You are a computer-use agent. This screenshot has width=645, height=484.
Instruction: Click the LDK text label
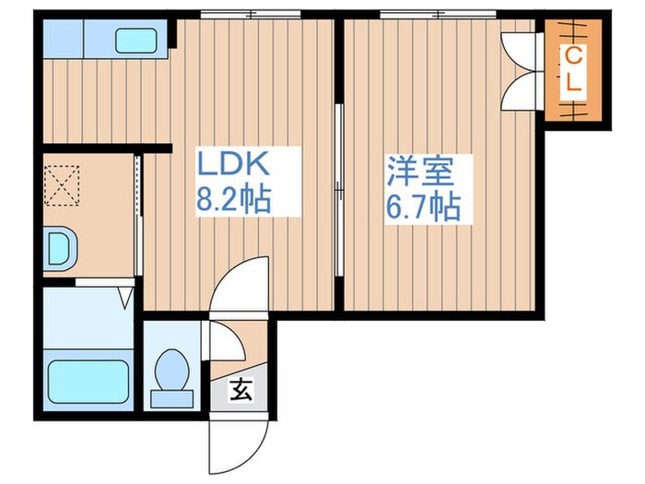pyautogui.click(x=232, y=166)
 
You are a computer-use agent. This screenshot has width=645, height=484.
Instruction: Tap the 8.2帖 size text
pyautogui.click(x=232, y=200)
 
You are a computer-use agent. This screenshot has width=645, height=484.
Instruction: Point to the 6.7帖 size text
pyautogui.click(x=422, y=207)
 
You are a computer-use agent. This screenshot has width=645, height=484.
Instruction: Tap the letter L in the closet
pyautogui.click(x=573, y=82)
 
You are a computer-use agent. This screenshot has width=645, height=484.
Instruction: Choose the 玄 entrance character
pyautogui.click(x=239, y=391)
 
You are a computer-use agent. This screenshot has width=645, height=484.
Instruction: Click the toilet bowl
pyautogui.click(x=170, y=372)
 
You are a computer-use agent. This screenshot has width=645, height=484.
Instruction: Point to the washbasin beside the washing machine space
pyautogui.click(x=60, y=247)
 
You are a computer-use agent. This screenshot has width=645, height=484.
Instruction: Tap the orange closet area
pyautogui.click(x=573, y=68)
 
